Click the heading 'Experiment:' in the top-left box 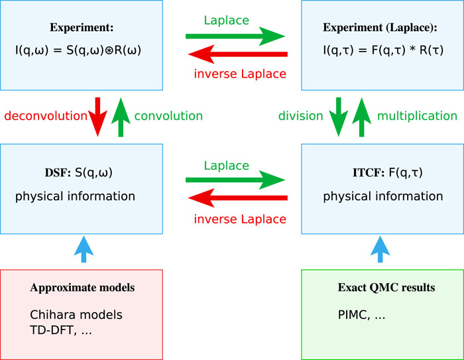tap(82, 28)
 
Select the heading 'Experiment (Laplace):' tap(380, 28)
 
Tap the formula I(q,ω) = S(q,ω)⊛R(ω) tap(78, 50)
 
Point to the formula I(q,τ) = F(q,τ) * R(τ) tap(383, 50)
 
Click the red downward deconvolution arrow tap(97, 117)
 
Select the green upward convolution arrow tap(121, 117)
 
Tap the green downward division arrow tap(339, 117)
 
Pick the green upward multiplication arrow tap(362, 117)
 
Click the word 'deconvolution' tap(46, 116)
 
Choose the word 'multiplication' tap(417, 116)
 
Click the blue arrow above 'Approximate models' tap(84, 249)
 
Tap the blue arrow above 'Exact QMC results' tap(380, 249)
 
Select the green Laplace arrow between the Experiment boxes tap(235, 36)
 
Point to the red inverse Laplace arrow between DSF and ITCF tap(238, 198)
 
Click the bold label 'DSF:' tap(58, 172)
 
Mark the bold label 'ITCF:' tap(369, 172)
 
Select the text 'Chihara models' tap(76, 315)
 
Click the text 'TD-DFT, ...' tap(61, 330)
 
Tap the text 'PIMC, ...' tap(361, 315)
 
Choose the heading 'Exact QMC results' tap(386, 288)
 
